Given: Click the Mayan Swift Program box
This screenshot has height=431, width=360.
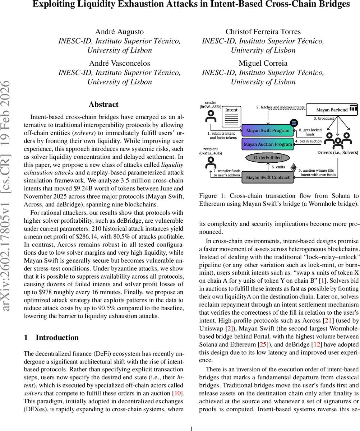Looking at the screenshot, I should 268,131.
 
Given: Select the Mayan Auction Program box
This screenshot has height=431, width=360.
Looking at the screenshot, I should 268,144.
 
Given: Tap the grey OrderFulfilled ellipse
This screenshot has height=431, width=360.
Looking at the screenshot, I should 268,157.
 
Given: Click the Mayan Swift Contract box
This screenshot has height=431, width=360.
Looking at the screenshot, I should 268,177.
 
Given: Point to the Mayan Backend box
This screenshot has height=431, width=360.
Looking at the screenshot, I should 332,110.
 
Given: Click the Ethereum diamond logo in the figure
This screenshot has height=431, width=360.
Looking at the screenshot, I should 294,168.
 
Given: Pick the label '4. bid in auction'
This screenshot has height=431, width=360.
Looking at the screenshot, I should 308,141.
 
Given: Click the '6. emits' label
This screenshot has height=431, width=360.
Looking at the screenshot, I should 278,167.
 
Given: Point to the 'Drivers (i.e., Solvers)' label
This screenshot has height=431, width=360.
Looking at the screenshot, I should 338,153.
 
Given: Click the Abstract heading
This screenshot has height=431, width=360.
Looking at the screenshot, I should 103,105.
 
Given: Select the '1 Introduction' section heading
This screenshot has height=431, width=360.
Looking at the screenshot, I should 51,338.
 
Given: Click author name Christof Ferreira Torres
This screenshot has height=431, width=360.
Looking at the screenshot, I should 263,32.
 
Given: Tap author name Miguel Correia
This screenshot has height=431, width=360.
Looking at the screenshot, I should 263,63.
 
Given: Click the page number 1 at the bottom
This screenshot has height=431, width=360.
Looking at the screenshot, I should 191,418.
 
